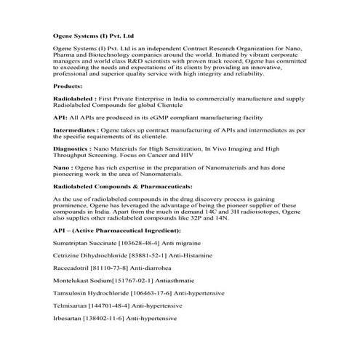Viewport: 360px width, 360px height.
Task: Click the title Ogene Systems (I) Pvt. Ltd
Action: coord(93,35)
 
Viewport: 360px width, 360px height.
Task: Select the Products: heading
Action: coord(68,86)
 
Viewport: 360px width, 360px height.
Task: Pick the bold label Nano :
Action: coord(63,167)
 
